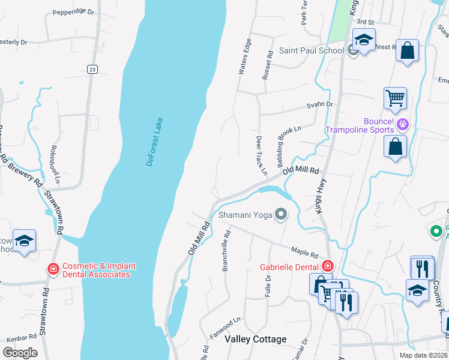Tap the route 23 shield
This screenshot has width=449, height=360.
[x=91, y=69]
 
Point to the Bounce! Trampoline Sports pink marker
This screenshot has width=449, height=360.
[x=402, y=124]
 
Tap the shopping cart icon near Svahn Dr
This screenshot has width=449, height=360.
[x=395, y=98]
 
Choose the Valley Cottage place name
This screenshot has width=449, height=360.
[x=255, y=339]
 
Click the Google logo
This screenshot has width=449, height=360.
[x=20, y=352]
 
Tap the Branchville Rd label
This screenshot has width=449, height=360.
[x=226, y=251]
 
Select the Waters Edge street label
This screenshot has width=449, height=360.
[x=244, y=57]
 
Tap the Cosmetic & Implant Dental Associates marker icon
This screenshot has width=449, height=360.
[x=53, y=269]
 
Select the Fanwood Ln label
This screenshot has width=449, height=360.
[x=225, y=326]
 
